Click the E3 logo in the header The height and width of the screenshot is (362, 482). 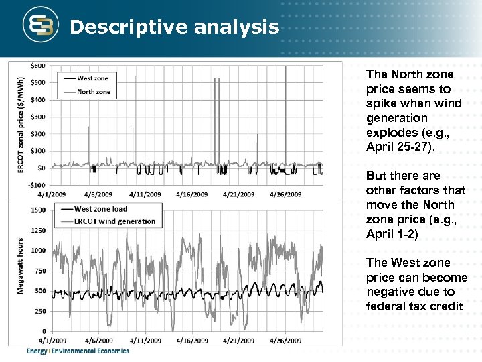coord(39,26)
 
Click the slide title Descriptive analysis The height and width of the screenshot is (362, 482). coord(174,27)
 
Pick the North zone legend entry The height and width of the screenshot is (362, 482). coord(94,91)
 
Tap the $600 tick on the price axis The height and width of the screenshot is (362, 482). coord(38,66)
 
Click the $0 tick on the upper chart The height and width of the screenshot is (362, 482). coord(42,168)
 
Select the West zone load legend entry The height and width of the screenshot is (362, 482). coord(100,209)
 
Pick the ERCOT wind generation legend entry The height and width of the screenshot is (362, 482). coord(114,221)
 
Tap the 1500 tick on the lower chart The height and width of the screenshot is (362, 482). coord(38,210)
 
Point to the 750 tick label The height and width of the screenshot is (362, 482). coord(40,271)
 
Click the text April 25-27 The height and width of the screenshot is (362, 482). coord(400,147)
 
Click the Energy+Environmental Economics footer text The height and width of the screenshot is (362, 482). coord(78,351)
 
